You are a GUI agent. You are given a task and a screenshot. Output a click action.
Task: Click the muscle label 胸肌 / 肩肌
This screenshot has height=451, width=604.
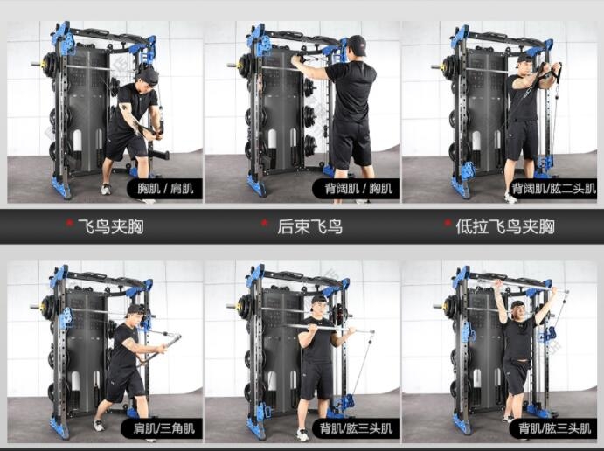click(165, 189)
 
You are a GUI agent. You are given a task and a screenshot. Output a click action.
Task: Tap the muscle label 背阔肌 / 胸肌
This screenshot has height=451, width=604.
click(358, 189)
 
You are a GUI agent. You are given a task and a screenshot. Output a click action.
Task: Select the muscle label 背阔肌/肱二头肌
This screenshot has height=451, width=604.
click(554, 189)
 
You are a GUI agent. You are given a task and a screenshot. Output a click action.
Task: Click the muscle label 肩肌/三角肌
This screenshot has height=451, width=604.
click(164, 428)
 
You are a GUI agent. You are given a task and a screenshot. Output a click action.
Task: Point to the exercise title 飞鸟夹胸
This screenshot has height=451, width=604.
click(111, 226)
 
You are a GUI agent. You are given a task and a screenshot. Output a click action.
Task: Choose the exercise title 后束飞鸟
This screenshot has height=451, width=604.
click(309, 226)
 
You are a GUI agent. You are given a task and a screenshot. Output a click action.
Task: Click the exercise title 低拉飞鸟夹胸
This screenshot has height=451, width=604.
click(505, 226)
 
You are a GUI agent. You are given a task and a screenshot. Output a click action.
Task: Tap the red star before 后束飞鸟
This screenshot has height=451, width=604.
click(264, 223)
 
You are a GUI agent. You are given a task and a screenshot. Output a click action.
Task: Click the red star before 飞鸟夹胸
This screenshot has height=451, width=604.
click(69, 223)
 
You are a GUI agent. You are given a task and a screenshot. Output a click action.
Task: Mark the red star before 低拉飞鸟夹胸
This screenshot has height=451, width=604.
click(448, 223)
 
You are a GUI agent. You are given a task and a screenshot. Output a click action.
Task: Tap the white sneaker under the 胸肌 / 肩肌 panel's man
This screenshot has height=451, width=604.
click(106, 189)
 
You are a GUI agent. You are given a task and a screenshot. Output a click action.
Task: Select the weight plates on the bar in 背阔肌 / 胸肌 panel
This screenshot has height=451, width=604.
click(244, 66)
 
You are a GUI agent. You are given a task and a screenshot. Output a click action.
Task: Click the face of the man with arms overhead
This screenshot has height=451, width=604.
click(517, 311)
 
